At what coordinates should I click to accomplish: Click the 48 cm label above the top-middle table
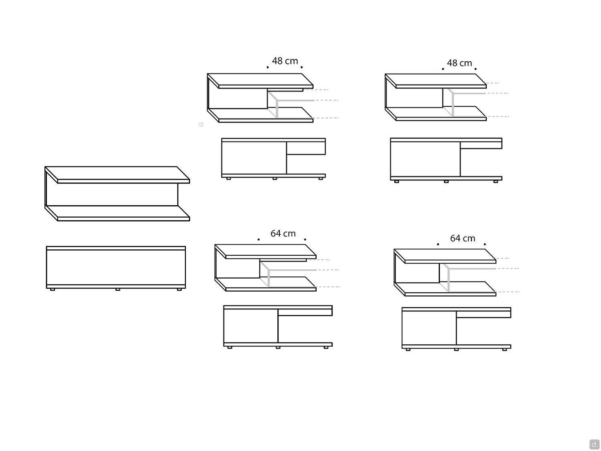(285, 61)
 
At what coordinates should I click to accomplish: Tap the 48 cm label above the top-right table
(460, 63)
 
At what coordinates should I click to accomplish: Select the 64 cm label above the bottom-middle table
(283, 233)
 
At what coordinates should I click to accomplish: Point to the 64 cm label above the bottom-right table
(462, 238)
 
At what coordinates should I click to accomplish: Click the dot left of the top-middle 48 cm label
(268, 67)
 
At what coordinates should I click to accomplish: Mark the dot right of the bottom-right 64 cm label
(485, 244)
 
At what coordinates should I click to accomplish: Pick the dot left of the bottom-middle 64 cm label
(258, 240)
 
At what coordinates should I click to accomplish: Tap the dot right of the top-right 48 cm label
(475, 69)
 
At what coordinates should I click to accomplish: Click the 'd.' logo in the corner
(594, 444)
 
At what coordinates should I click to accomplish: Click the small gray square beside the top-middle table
(201, 125)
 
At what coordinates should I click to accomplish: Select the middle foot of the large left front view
(117, 289)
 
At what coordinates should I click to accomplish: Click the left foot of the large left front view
(52, 289)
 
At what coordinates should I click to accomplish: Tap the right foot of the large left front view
(179, 289)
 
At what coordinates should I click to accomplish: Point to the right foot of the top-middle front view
(321, 178)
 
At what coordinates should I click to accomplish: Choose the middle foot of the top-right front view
(446, 181)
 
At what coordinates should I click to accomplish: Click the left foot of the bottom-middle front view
(230, 348)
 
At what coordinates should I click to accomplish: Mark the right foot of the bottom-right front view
(504, 350)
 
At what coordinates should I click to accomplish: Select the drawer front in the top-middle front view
(306, 148)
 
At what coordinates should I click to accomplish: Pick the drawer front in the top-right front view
(481, 145)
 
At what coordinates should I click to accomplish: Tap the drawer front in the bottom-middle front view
(305, 312)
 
